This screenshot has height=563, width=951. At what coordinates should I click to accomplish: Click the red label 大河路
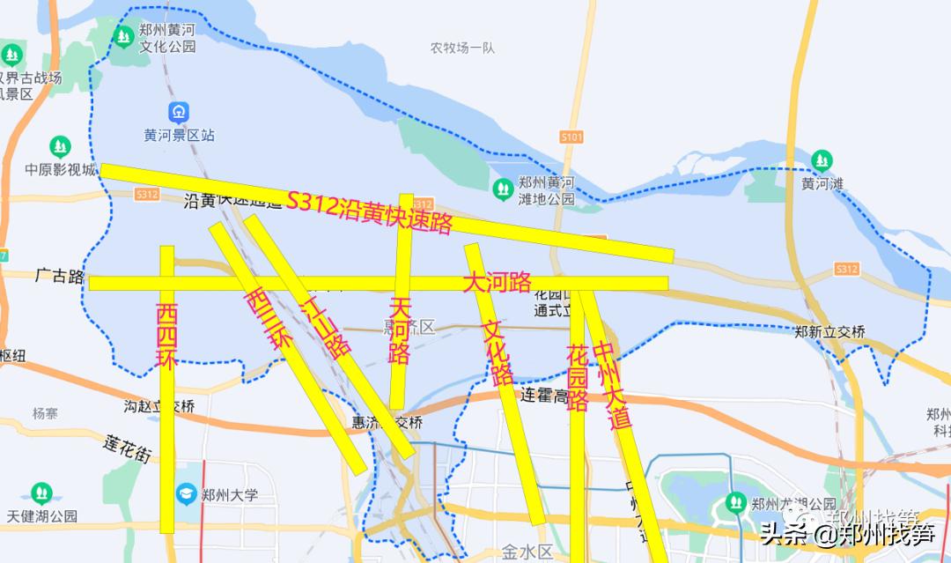(x=498, y=283)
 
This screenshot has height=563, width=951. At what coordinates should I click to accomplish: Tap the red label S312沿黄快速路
(x=369, y=212)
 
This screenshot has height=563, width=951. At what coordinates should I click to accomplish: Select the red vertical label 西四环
(x=167, y=335)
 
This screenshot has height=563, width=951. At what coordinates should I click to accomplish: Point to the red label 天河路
(x=400, y=330)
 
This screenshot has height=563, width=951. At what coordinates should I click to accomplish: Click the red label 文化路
(x=498, y=352)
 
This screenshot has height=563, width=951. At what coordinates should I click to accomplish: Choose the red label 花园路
(x=578, y=377)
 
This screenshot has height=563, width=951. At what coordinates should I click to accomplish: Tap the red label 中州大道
(x=613, y=385)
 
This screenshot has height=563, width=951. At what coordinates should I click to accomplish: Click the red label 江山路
(x=326, y=326)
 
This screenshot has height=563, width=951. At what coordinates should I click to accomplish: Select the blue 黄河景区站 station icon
(x=179, y=113)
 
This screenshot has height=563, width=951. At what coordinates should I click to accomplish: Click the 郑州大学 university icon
(x=187, y=494)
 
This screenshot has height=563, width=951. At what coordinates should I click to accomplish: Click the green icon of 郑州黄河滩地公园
(x=503, y=188)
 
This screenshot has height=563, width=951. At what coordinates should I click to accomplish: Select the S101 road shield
(x=571, y=137)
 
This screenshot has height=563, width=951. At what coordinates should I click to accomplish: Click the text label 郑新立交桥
(x=829, y=331)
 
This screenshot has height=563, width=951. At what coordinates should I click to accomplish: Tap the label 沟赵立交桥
(x=159, y=406)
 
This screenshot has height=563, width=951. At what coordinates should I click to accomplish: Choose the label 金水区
(x=527, y=552)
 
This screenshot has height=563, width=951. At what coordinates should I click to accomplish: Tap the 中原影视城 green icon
(x=60, y=146)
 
